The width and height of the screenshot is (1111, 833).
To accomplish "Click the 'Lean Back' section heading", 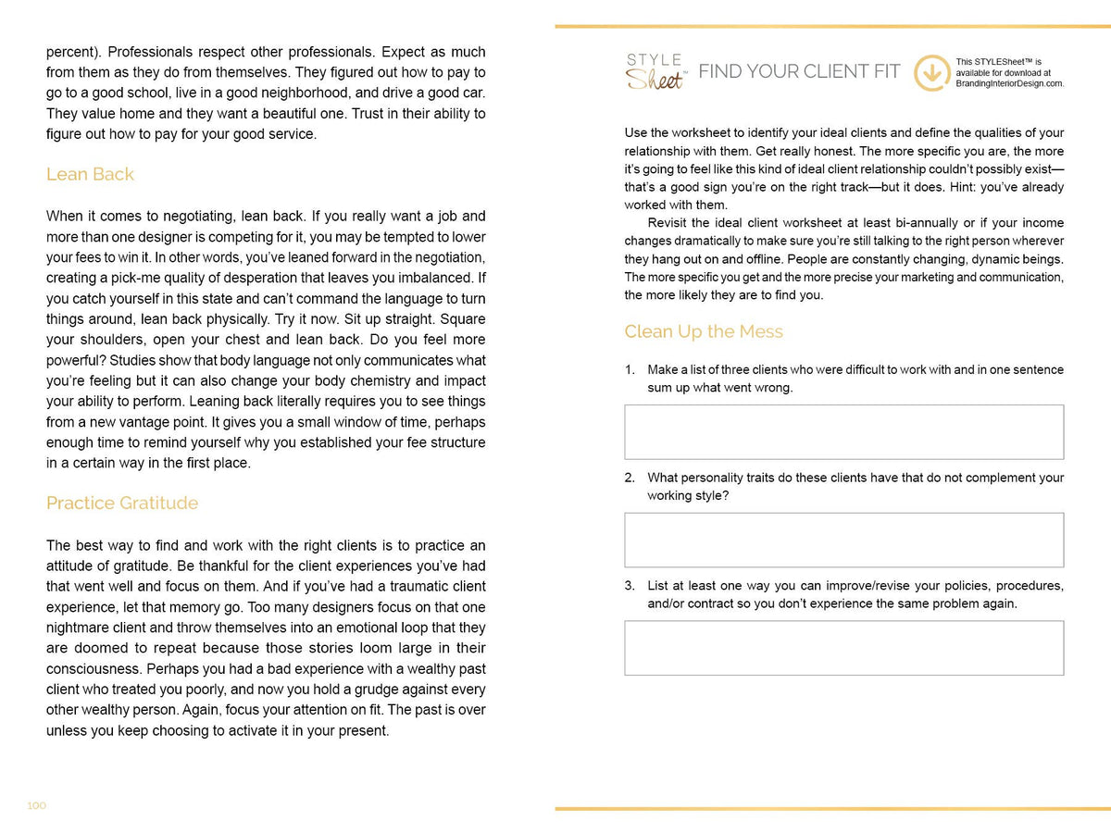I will pos(90,174).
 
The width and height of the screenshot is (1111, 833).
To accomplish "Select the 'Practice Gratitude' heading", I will pos(122,503).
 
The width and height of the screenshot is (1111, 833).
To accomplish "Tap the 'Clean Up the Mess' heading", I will pos(704,331).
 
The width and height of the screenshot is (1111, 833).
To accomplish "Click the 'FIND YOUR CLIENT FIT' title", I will pos(799,72).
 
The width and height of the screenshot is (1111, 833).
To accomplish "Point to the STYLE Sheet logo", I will pos(655,72).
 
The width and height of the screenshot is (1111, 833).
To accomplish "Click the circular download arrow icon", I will pos(931,73).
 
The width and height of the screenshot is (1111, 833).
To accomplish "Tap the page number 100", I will pos(36,805).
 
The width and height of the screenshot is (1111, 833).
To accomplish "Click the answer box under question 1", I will pos(843,431).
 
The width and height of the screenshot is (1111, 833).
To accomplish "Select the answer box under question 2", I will pos(843,540).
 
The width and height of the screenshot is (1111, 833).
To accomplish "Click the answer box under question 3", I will pos(843,648).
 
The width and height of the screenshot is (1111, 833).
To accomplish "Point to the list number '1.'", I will pos(630,369).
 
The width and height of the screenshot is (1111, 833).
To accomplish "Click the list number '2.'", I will pos(630,478).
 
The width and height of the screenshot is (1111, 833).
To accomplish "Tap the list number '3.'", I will pos(630,586).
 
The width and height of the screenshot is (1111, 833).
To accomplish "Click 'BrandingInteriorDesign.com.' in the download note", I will pos(1009,83).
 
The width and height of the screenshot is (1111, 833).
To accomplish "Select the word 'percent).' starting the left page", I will pos(74,52).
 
